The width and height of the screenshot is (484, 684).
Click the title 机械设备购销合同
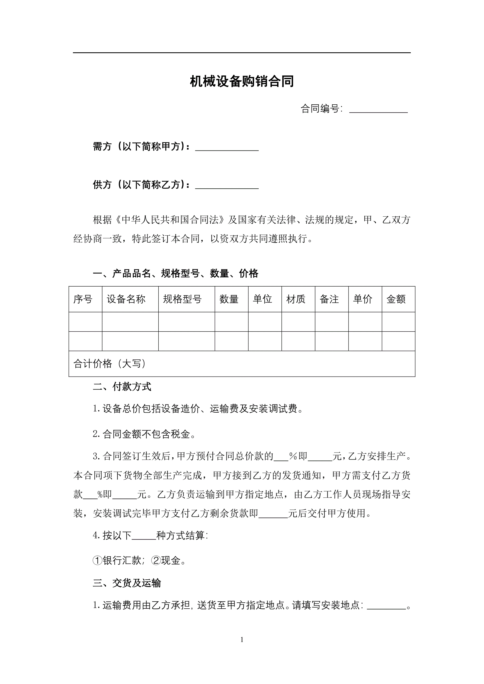pos(242,82)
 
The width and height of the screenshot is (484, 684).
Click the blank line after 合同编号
pos(378,109)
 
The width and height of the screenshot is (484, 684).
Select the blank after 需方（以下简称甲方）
pos(227,147)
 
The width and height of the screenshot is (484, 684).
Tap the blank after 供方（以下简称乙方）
pos(227,185)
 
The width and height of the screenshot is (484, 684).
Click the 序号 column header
pos(83,299)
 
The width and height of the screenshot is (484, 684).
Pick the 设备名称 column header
pos(126,299)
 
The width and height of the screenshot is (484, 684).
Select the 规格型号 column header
pos(182,299)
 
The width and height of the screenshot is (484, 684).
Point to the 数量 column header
pos(229,299)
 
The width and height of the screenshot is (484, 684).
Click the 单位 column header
pos(262,299)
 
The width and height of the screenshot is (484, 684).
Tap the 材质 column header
pos(296,299)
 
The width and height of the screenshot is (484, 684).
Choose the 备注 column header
pos(329,299)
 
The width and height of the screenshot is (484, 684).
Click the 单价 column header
pos(363,299)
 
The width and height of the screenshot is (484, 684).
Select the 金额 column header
pos(396,299)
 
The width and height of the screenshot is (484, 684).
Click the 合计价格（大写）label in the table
pos(110,364)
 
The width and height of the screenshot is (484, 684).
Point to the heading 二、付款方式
pos(122,387)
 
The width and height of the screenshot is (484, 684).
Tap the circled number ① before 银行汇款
pos(97,561)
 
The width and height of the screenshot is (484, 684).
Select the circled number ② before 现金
pos(156,561)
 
